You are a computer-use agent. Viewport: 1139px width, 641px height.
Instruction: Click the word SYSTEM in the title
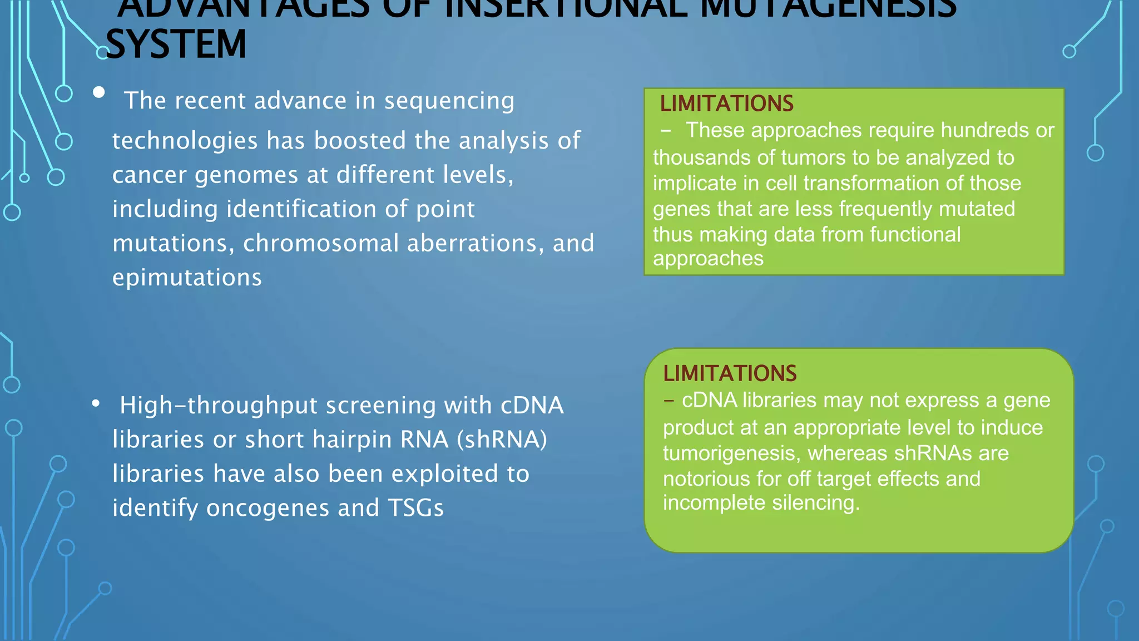tap(176, 45)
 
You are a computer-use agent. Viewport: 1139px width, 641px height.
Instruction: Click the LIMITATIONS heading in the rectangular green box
tap(726, 103)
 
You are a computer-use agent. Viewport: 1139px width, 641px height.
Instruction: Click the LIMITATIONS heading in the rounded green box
tap(730, 373)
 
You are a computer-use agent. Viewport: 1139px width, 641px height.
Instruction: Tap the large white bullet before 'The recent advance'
tap(99, 92)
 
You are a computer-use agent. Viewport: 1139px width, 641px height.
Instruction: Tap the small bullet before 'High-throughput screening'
tap(96, 403)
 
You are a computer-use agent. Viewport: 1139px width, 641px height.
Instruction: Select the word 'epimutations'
tap(187, 278)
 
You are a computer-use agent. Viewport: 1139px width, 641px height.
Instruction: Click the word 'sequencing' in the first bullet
tap(449, 101)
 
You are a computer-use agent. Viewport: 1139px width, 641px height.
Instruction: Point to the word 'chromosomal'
tap(321, 244)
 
